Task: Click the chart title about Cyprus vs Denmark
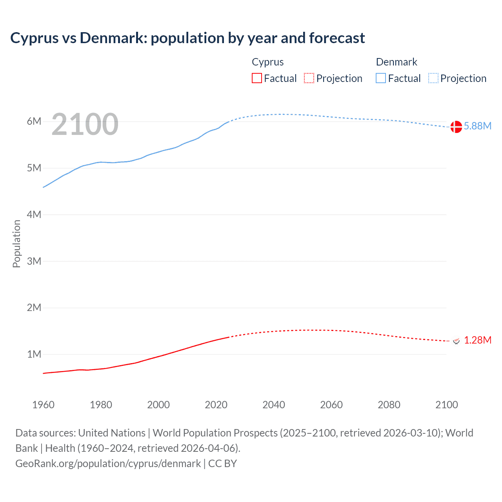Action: pos(187,38)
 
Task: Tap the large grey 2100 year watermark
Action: pos(85,124)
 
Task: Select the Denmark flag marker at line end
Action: pos(456,127)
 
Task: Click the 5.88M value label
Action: pos(477,126)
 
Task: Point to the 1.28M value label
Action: pos(477,340)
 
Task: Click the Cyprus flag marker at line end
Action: pos(456,341)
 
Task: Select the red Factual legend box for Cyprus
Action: pos(257,78)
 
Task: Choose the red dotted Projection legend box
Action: pos(309,78)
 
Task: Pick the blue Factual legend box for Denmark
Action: pos(381,78)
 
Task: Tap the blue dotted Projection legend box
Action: pos(433,78)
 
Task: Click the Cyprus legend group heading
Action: pos(267,62)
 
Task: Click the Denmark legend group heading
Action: pos(397,62)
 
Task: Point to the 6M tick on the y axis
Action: pos(34,121)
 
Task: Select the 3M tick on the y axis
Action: pos(34,261)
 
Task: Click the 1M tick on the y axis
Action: pos(34,354)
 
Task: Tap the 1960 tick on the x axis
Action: pos(43,405)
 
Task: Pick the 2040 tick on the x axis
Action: pos(274,405)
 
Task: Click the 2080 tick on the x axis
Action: pos(389,405)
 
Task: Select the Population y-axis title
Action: pos(16,244)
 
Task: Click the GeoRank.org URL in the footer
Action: pos(108,464)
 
